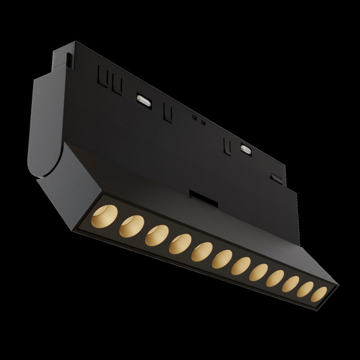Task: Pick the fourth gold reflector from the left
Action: (179, 244)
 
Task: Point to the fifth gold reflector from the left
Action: (201, 253)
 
